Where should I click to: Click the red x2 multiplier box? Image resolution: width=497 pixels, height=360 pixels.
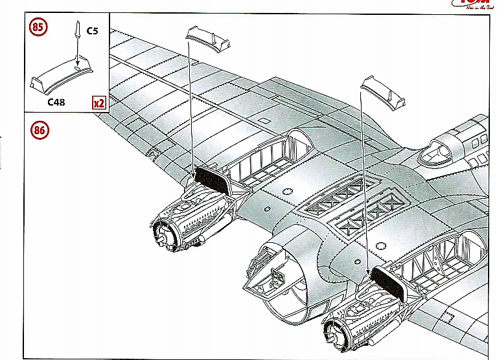click(x=98, y=103)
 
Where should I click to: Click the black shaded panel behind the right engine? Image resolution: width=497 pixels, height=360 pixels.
click(x=389, y=284)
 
